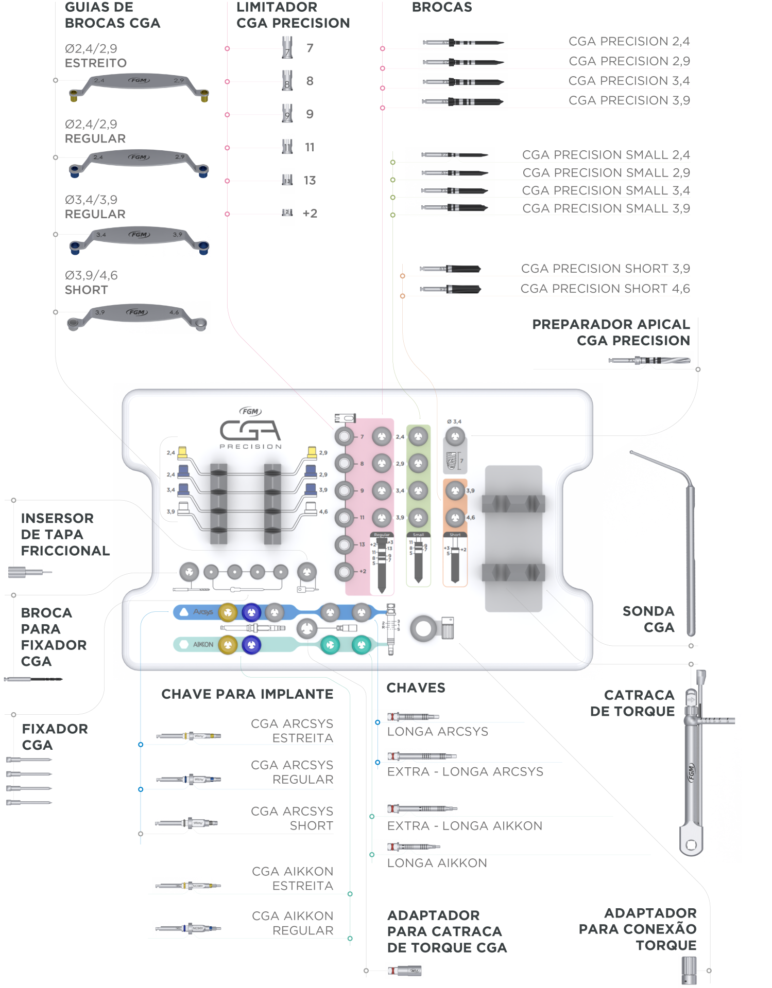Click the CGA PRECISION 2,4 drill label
coord(629,41)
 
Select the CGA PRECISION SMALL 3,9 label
coord(606,208)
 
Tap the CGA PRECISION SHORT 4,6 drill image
coord(450,289)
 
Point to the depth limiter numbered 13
coord(287,181)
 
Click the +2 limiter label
coord(310,213)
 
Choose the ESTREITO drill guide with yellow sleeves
coord(138,87)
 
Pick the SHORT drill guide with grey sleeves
coord(138,317)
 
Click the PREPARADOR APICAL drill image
coord(649,360)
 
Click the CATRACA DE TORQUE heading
coord(632,703)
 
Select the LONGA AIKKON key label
coord(437,863)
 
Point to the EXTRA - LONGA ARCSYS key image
coord(422,755)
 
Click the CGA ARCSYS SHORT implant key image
coord(188,823)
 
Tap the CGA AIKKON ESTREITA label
coord(293,878)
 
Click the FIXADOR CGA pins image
coord(29,781)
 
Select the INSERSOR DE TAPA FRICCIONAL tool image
coord(30,572)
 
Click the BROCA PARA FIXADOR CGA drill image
coord(33,679)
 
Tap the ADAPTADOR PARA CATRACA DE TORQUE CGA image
coord(405,971)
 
